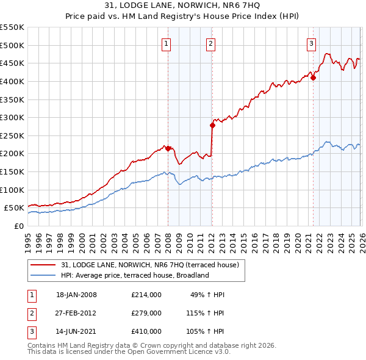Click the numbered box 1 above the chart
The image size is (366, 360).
click(x=166, y=43)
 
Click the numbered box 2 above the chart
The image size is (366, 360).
click(x=210, y=43)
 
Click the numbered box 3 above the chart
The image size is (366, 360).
click(x=311, y=43)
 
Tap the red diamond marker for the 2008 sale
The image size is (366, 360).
click(x=168, y=148)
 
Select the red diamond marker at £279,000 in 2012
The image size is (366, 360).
click(x=213, y=125)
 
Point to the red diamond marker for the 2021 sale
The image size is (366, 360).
click(x=313, y=77)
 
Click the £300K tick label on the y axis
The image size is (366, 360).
click(x=12, y=117)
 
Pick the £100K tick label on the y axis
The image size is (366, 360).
click(x=12, y=190)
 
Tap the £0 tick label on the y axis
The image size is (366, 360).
click(x=18, y=226)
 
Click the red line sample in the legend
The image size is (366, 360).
click(x=43, y=265)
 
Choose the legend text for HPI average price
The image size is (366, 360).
click(x=135, y=275)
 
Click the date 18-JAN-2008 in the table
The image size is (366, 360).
click(x=76, y=295)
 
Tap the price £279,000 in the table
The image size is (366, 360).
click(x=146, y=313)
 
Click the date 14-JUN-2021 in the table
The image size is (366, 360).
click(x=76, y=331)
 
